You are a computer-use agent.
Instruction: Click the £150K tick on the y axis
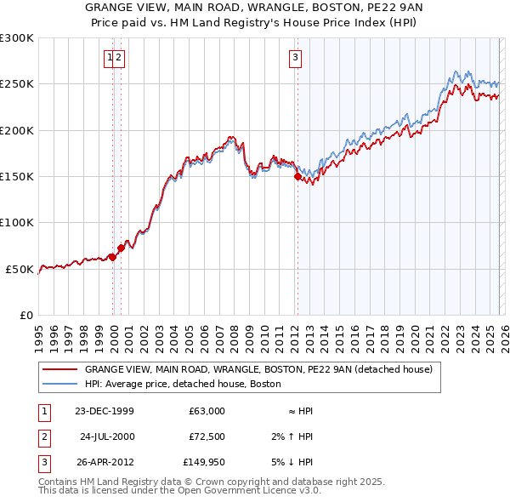17,177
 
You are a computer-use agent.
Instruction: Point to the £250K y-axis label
17,84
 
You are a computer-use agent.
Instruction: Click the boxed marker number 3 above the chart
295,58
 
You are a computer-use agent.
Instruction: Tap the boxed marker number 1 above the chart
110,58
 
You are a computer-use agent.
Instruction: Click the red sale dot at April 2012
297,177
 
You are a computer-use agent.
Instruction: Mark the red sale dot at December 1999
112,257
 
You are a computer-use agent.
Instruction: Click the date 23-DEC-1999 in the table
104,411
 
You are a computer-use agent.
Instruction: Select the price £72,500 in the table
207,436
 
